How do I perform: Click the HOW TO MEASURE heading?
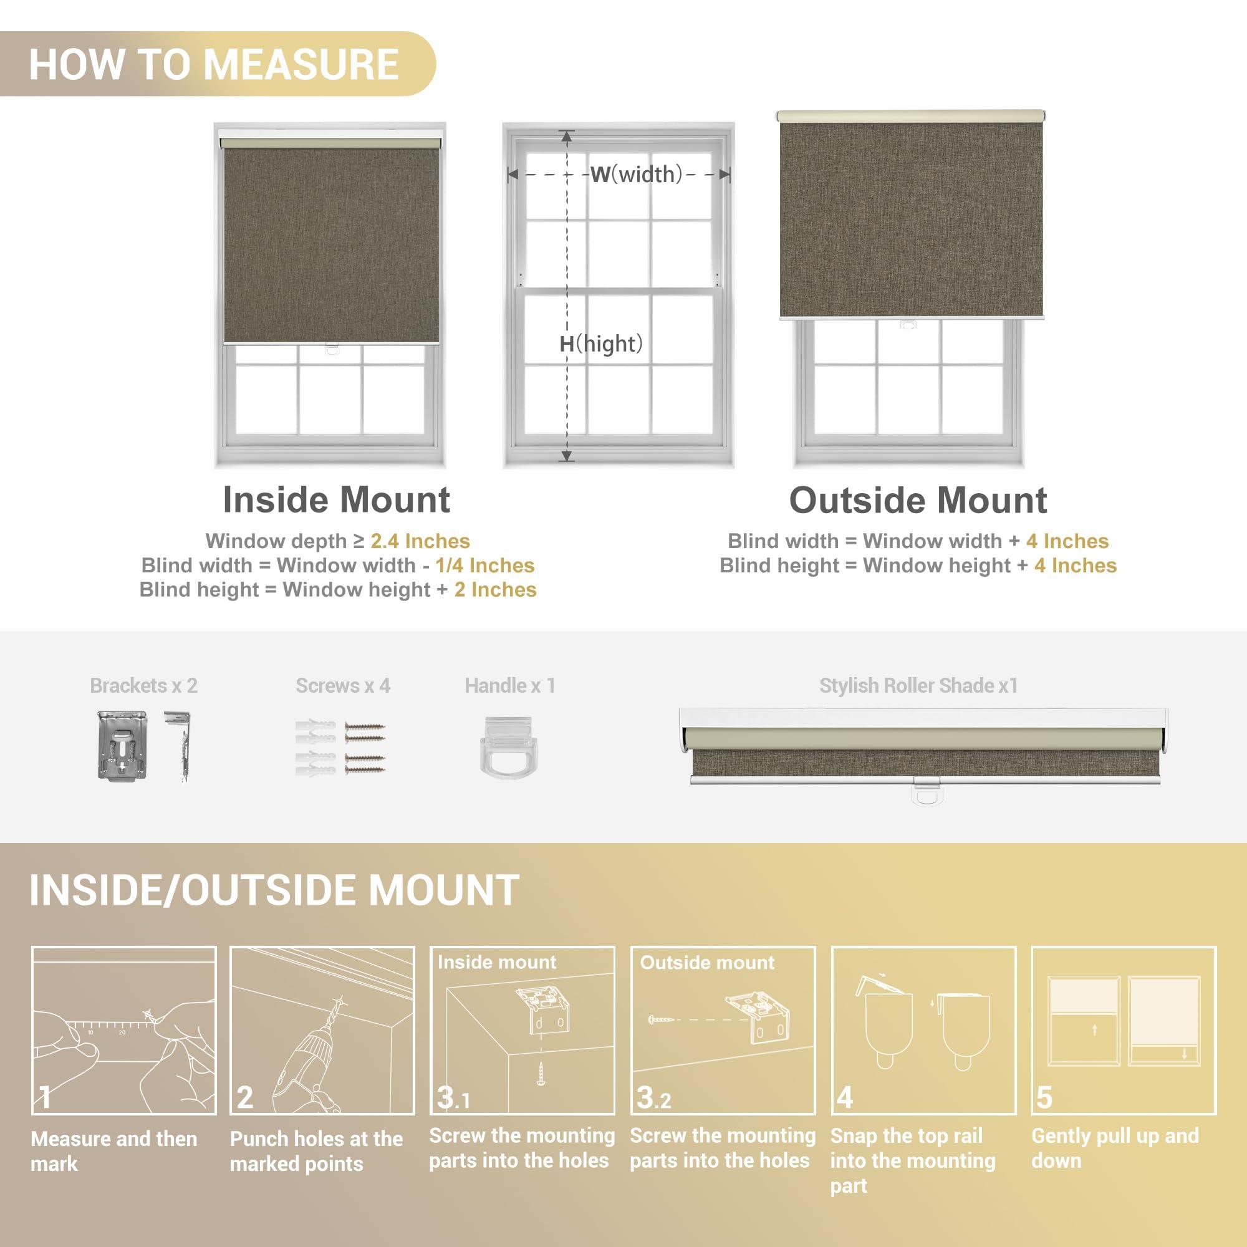[x=214, y=65]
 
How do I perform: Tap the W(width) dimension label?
[x=636, y=175]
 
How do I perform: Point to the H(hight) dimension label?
[x=601, y=344]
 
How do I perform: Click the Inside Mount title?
[x=336, y=499]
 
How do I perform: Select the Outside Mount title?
[x=917, y=500]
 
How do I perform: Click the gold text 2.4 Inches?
[x=420, y=541]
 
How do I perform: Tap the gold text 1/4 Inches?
[x=484, y=566]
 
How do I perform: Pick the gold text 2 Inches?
[x=495, y=589]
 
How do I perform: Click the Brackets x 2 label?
[x=143, y=685]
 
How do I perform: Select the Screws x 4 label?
[x=343, y=685]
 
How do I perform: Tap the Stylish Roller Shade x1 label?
[x=918, y=685]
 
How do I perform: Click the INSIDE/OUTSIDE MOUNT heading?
[x=274, y=890]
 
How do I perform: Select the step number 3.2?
[x=653, y=1098]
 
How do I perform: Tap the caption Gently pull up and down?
[x=1115, y=1148]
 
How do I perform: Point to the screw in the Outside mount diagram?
[x=661, y=1020]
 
